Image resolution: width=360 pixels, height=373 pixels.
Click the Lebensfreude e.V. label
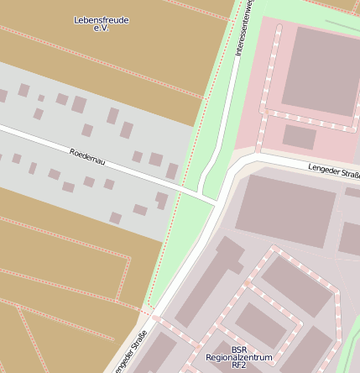tap(102, 24)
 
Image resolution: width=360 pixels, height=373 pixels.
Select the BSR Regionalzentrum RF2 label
tap(239, 357)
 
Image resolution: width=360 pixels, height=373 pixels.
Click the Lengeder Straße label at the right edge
tap(334, 171)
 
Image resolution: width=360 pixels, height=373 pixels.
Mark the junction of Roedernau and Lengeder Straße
tap(217, 203)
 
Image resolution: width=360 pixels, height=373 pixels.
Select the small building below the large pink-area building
tap(299, 136)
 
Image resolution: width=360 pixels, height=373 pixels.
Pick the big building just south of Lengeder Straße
tap(285, 211)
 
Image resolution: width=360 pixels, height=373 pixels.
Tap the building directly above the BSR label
tap(259, 324)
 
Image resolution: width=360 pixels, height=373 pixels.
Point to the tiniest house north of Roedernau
tap(41, 98)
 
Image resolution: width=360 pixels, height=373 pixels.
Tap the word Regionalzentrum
tap(239, 357)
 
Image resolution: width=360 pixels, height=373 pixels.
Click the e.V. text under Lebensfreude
tap(102, 29)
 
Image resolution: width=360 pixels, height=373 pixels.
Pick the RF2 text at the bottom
tap(239, 365)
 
